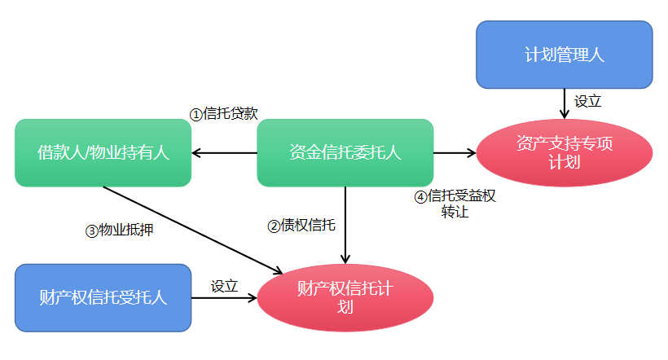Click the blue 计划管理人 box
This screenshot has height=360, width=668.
point(564,55)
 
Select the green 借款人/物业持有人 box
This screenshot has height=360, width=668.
point(103,152)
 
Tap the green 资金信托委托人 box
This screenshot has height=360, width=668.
point(345,152)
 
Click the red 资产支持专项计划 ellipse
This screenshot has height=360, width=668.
point(564,152)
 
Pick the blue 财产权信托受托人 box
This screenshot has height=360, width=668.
point(103,297)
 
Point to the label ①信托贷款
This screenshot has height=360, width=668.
point(224,114)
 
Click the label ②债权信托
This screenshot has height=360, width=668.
point(301,226)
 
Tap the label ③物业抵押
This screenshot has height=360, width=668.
point(120,230)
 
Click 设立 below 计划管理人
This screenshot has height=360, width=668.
point(588,102)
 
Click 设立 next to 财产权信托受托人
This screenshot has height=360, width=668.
point(224,286)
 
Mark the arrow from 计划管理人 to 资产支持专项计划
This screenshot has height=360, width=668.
point(564,103)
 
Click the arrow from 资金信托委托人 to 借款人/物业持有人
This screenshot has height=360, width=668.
point(225,152)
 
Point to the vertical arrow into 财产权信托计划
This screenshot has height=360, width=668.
point(345,224)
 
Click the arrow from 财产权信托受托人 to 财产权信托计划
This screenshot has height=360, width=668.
point(225,298)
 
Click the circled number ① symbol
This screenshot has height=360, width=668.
point(196,115)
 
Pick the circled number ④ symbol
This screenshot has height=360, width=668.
point(420,196)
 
